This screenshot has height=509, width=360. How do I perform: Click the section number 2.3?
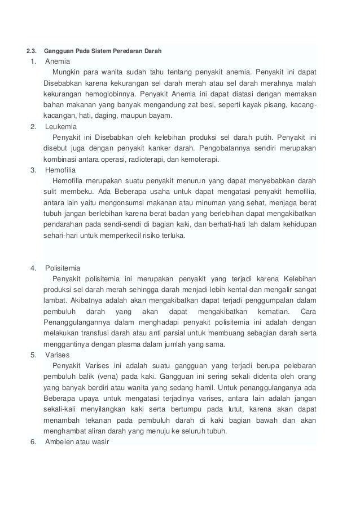pyautogui.click(x=28, y=51)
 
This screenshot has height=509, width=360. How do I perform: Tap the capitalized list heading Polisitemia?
pyautogui.click(x=65, y=267)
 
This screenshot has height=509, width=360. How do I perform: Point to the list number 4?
pyautogui.click(x=33, y=267)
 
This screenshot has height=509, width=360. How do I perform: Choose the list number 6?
pyautogui.click(x=33, y=441)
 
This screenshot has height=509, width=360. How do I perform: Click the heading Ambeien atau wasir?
pyautogui.click(x=79, y=441)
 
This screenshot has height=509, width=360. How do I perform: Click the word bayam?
pyautogui.click(x=161, y=116)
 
